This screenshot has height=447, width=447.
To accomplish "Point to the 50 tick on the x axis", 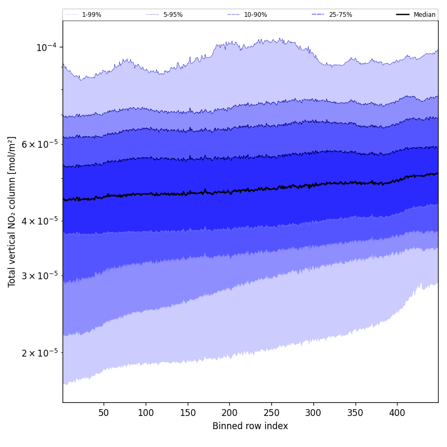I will coord(104,413).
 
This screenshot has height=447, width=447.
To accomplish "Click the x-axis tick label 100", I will coord(146,413).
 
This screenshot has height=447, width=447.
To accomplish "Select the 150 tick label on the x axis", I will coord(188,413).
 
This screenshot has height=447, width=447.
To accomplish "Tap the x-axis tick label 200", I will coord(229,413).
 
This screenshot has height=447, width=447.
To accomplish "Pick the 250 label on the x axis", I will coord(271,413).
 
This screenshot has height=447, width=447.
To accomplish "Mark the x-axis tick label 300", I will coord(313,413).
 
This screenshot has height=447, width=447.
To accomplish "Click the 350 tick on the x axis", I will coord(355,413).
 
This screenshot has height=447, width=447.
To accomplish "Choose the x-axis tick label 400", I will coord(397,413).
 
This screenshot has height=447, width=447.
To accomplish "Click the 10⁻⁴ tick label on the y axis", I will coord(46,47).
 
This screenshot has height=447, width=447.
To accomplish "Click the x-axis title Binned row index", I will coord(250,426).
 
